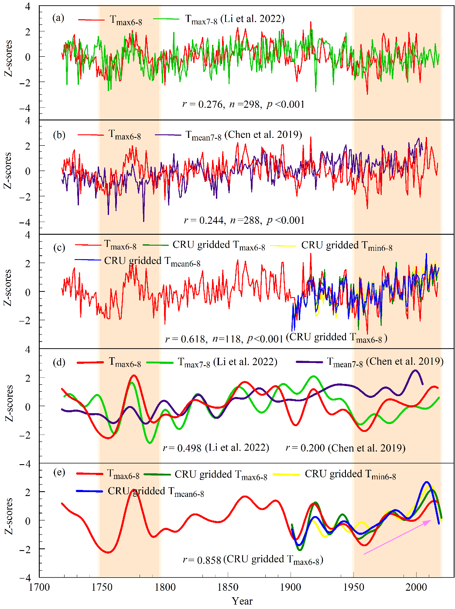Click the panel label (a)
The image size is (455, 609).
tap(58, 18)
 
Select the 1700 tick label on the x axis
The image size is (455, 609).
tap(39, 587)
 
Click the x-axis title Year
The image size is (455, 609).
tap(242, 601)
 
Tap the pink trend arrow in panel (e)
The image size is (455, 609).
tap(397, 537)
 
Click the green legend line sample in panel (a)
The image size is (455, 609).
tap(167, 19)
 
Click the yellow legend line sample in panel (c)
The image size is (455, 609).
tap(284, 246)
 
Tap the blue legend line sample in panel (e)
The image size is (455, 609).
tap(89, 491)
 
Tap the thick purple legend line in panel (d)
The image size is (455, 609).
tap(309, 362)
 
